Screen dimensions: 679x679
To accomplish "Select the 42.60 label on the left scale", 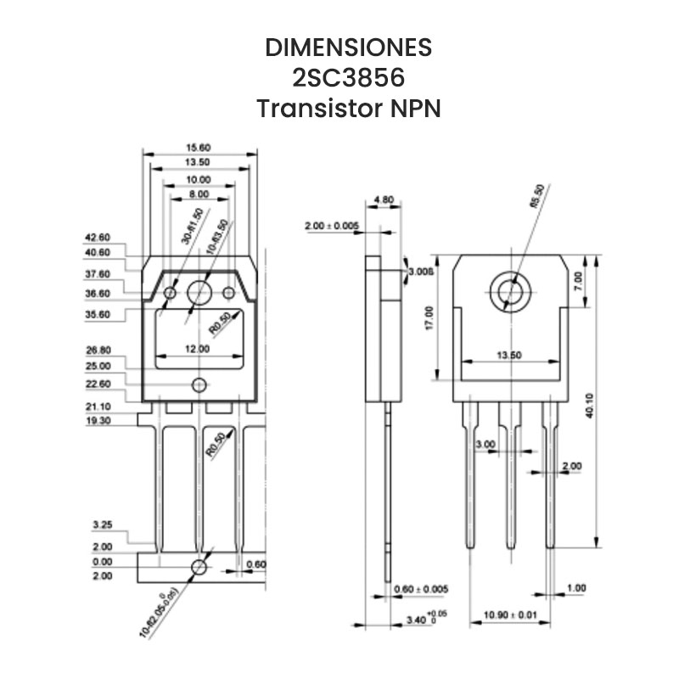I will (x=98, y=238).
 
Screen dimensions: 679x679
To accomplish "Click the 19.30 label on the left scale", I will (x=98, y=420).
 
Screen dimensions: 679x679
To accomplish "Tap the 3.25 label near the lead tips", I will (x=102, y=525).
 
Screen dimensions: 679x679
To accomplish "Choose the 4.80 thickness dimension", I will (x=384, y=201).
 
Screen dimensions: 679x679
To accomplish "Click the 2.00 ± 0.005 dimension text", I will (x=332, y=226).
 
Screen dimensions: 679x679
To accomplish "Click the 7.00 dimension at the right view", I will (x=579, y=279).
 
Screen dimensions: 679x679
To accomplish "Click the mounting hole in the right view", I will (x=511, y=292).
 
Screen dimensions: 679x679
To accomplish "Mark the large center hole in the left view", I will (x=200, y=292).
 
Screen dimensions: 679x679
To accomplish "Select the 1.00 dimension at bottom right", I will (x=576, y=588).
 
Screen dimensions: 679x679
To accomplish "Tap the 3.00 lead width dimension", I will (x=485, y=444).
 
